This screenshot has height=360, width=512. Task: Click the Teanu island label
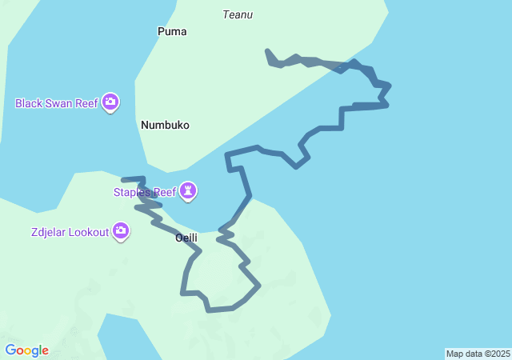click(238, 14)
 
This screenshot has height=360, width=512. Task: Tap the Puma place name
click(173, 32)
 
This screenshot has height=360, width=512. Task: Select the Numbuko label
click(165, 125)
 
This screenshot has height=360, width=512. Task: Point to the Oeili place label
click(186, 238)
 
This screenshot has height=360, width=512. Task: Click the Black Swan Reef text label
click(56, 103)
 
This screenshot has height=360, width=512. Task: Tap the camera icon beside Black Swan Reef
click(110, 102)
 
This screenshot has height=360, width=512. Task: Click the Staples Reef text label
click(144, 192)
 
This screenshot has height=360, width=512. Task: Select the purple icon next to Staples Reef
click(188, 191)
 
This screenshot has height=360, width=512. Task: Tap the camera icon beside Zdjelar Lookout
click(121, 232)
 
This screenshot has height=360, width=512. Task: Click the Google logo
click(26, 350)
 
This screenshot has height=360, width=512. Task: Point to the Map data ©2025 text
click(478, 354)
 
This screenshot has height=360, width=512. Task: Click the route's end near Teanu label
click(267, 51)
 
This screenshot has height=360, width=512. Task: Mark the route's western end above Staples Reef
click(123, 179)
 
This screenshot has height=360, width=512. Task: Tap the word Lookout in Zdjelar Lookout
click(88, 232)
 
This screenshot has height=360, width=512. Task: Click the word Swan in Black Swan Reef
click(61, 103)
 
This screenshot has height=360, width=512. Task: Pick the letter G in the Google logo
click(10, 350)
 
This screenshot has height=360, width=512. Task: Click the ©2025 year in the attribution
click(496, 354)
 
